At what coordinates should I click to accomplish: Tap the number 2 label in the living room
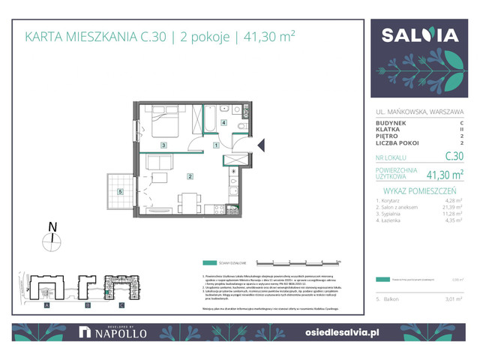tap(190, 177)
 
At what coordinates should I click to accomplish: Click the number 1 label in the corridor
tap(216, 145)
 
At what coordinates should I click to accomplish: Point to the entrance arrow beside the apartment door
tap(261, 145)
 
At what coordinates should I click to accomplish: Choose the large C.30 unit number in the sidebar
tap(452, 157)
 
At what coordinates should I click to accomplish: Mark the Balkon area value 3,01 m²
tap(451, 299)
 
